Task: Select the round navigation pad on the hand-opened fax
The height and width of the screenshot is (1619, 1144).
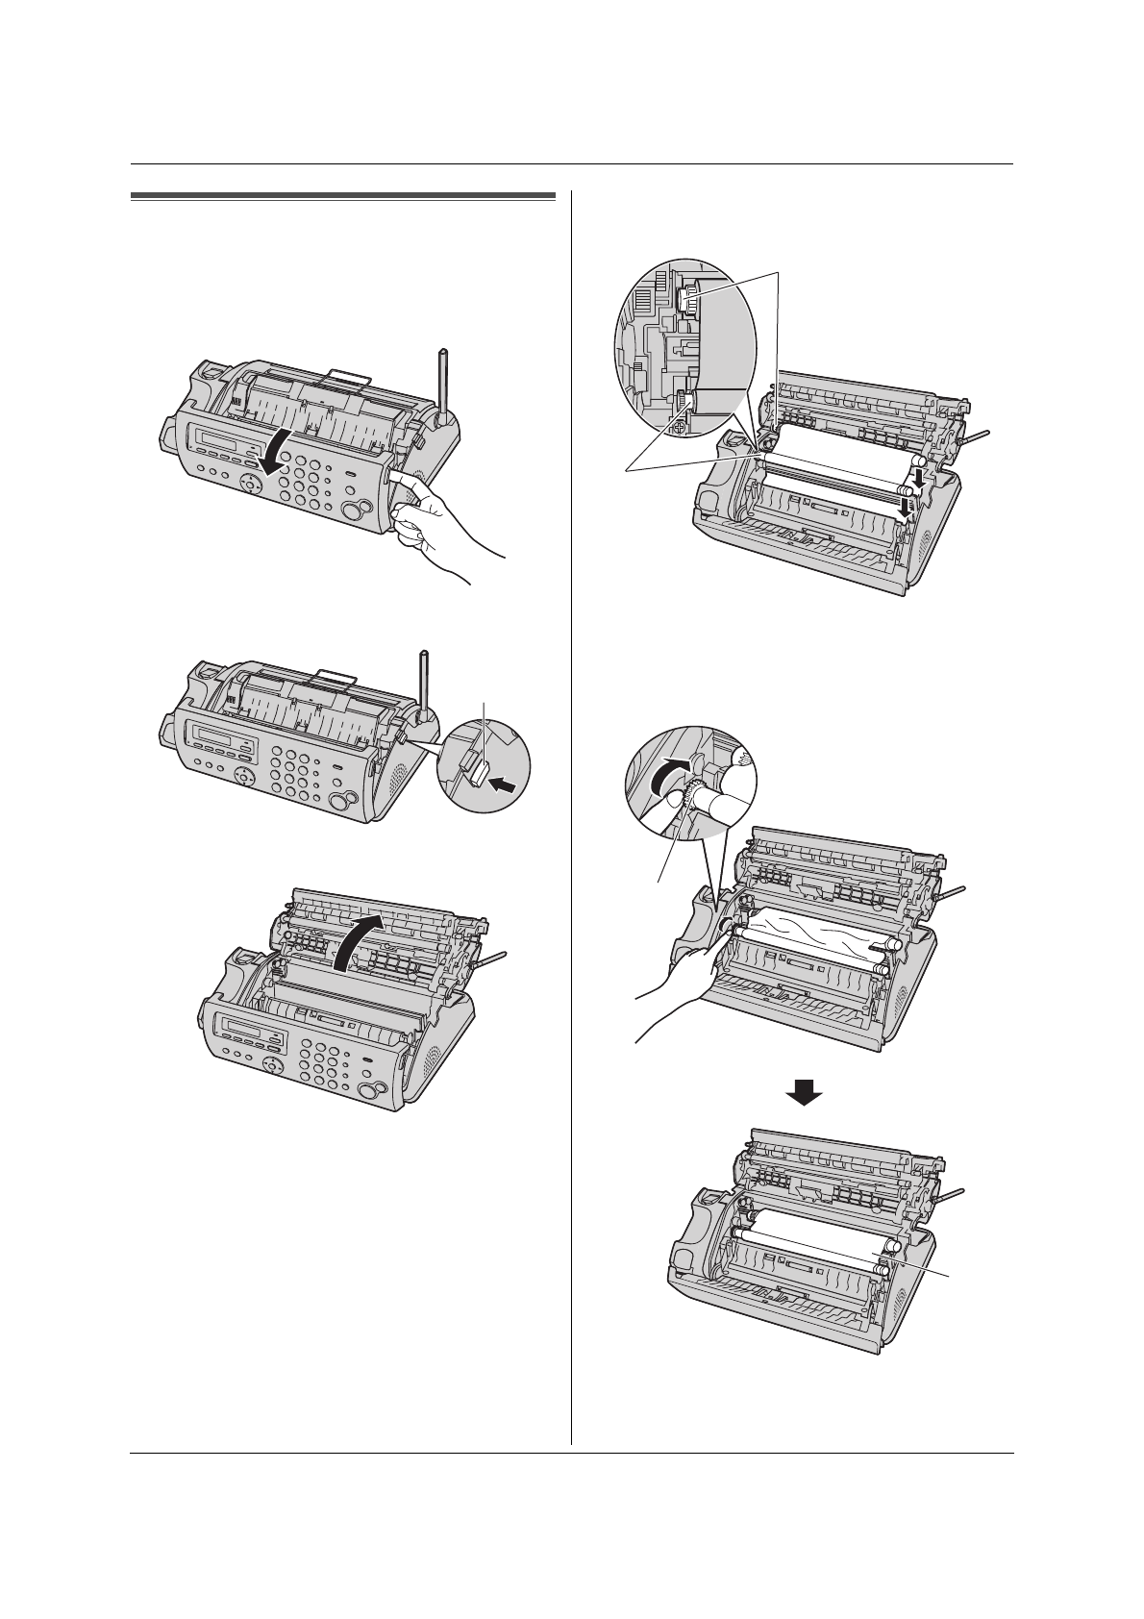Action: pos(252,486)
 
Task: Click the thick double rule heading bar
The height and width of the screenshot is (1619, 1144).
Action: pos(342,198)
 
